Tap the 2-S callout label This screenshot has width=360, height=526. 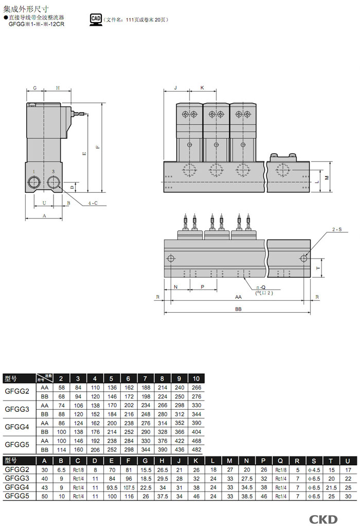337,229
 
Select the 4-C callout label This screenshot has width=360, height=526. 93,203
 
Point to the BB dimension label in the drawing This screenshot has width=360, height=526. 238,309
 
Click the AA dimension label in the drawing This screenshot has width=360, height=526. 238,297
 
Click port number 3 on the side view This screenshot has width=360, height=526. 53,172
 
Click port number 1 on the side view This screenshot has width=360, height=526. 34,172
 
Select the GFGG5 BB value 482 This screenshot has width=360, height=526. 196,449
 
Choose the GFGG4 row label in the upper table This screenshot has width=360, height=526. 17,427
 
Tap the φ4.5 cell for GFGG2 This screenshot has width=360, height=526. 315,469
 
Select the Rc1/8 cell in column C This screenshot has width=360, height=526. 78,469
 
